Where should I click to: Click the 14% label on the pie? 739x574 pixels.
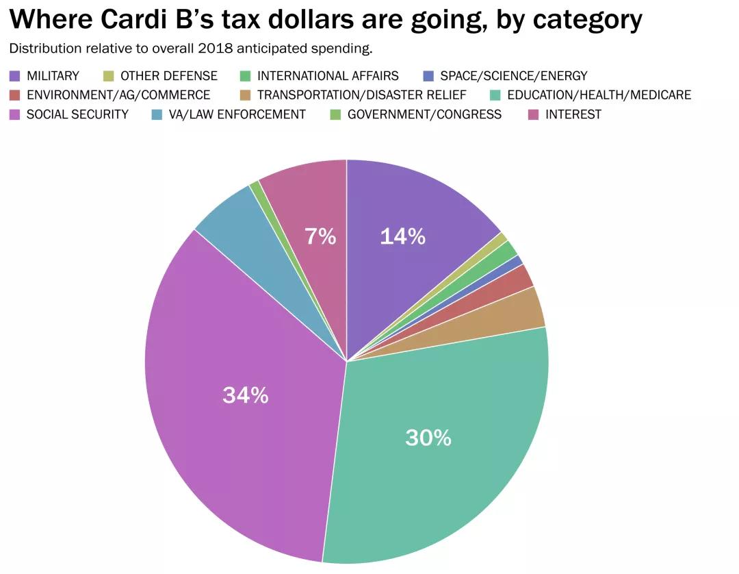coord(402,237)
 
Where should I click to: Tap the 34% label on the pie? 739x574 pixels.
coord(245,395)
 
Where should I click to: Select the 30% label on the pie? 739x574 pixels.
coord(428,438)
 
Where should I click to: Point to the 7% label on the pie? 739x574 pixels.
coord(320,237)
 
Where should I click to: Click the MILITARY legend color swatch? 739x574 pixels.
coord(15,76)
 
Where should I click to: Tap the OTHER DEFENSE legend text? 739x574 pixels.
coord(168,76)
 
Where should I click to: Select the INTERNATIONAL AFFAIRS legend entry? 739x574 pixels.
coord(328,76)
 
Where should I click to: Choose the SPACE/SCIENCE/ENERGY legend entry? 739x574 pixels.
coord(513,76)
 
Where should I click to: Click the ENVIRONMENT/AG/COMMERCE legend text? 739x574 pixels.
coord(118,95)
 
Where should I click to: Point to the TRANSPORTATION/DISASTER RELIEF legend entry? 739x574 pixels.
coord(361,95)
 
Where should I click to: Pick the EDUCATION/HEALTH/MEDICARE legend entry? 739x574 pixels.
coord(599,95)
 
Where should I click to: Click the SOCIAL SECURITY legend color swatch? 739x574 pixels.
coord(15,114)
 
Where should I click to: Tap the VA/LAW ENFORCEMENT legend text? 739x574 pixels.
coord(237,114)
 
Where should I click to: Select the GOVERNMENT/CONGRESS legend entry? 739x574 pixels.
coord(424,114)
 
